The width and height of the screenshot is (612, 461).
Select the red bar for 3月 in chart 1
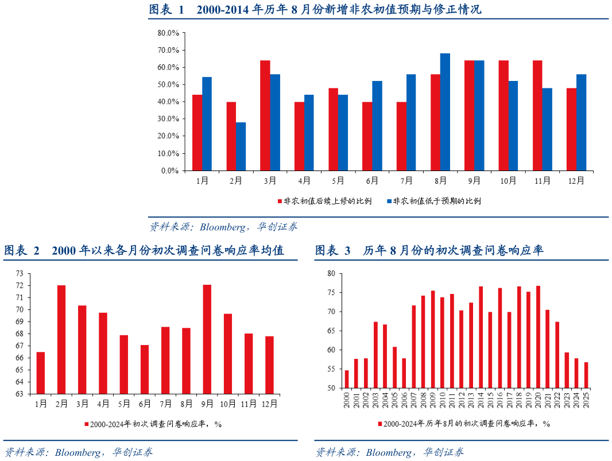265,115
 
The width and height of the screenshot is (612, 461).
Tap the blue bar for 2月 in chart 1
241,146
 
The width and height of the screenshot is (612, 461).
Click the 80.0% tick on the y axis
168,33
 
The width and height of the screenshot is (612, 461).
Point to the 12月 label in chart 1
576,181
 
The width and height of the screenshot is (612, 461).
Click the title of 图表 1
315,10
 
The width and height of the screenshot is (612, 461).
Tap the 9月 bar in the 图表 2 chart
207,339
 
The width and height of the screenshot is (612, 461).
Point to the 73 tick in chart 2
20,273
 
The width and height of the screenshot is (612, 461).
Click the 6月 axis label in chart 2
145,404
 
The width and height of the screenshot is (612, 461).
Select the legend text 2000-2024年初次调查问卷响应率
153,424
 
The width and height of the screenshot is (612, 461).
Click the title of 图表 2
144,251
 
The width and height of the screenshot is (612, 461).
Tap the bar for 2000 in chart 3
347,379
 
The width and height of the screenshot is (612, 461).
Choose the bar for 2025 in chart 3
586,375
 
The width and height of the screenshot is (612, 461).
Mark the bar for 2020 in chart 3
538,336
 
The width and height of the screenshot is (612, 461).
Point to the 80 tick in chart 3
331,273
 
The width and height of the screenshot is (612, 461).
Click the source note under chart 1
224,227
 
